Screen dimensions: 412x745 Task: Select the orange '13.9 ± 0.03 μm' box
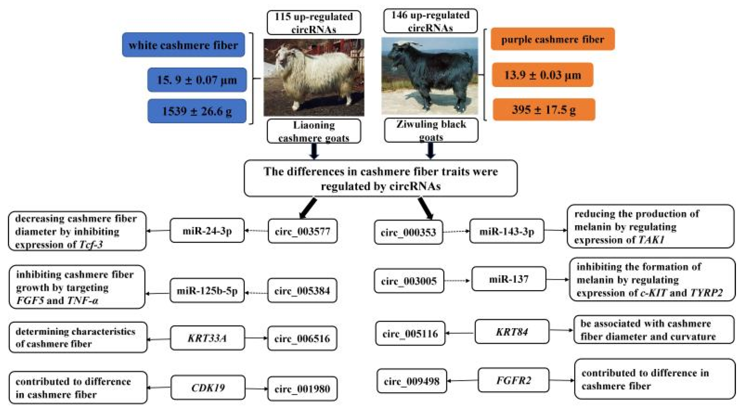[542, 75]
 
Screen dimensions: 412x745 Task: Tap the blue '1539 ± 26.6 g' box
[197, 111]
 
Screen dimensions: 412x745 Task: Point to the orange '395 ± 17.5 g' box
[544, 110]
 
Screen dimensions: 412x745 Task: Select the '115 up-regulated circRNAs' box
[314, 23]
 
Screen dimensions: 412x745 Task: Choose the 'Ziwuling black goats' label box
[431, 130]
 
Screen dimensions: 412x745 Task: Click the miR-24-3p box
[207, 231]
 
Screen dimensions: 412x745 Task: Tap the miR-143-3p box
[507, 231]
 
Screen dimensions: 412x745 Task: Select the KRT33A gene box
[207, 338]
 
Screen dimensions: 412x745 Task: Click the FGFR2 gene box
[513, 380]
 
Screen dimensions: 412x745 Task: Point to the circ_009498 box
[412, 381]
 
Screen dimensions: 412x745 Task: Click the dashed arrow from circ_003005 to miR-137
[457, 281]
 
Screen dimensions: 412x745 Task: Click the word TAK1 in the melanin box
[651, 240]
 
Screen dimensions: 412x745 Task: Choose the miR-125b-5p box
[207, 291]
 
